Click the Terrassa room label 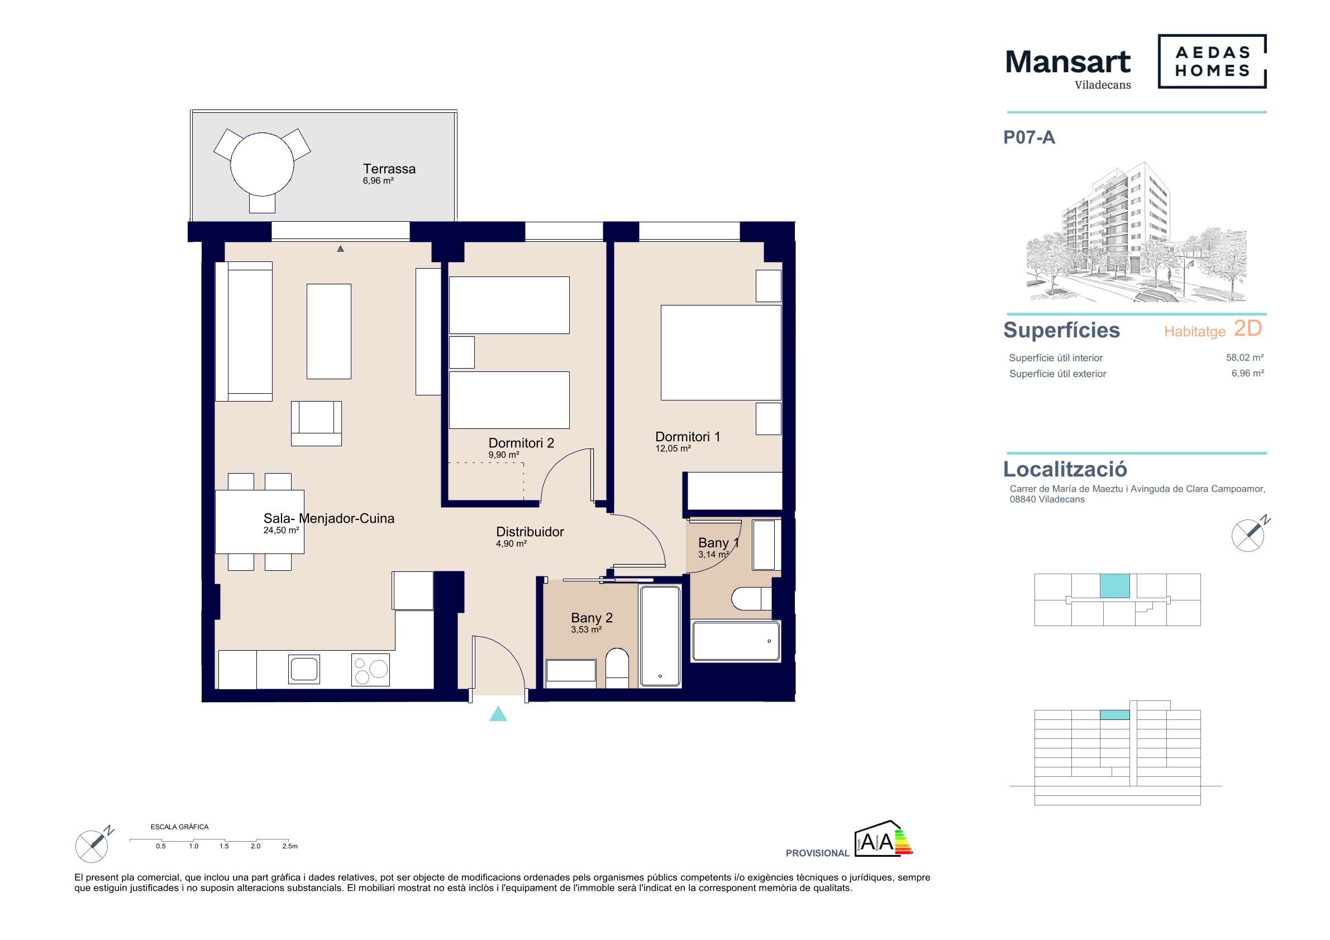pos(389,169)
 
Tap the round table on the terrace pos(262,164)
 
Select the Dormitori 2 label pos(521,443)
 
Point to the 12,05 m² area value pos(673,449)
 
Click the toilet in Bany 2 pos(617,669)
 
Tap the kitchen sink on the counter pos(304,669)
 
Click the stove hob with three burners pos(371,670)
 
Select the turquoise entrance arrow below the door pos(498,714)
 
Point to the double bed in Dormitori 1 pos(721,353)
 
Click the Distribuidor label pos(530,532)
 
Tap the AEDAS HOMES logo pos(1212,61)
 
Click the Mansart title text pos(1067,61)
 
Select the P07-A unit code pos(1029,138)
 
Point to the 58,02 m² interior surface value pos(1245,358)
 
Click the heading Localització pos(1065,469)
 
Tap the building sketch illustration pos(1137,232)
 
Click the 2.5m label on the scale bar pos(290,846)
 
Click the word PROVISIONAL pos(817,853)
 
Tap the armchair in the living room pos(316,423)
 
